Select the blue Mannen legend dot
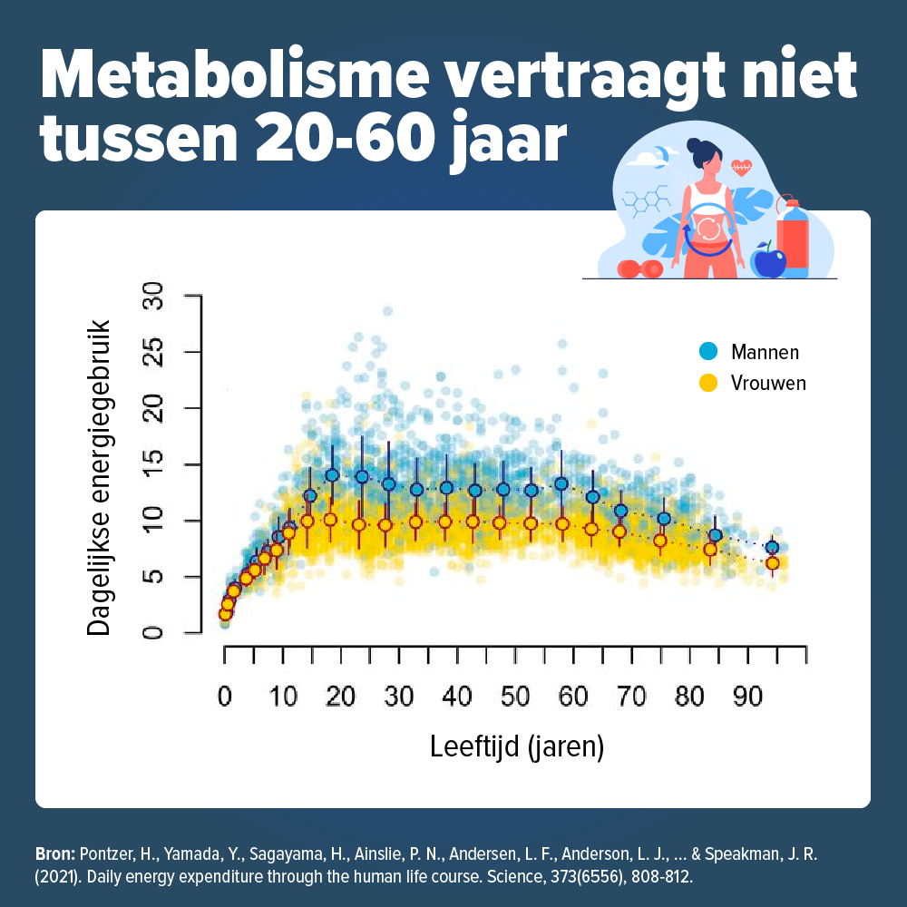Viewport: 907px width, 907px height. point(709,351)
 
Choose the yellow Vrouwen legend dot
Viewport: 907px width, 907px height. point(709,383)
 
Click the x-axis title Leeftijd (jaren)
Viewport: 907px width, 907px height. point(516,747)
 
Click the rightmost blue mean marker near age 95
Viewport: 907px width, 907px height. point(772,547)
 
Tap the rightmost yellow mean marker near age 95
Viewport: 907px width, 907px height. point(772,563)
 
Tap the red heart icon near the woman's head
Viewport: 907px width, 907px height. point(742,167)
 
